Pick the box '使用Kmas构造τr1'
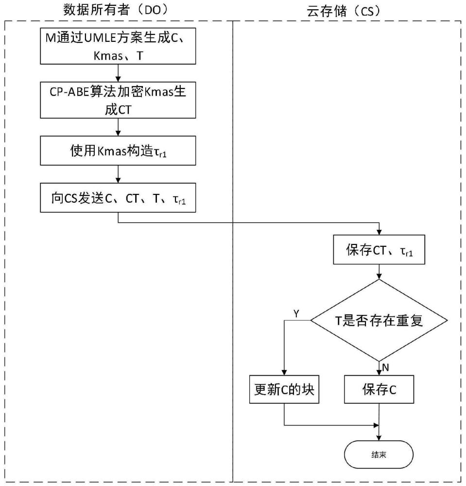(118, 153)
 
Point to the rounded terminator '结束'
(379, 455)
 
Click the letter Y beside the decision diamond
(297, 313)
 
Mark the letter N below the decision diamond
(386, 367)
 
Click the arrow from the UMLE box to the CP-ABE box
(118, 73)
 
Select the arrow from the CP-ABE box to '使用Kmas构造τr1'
(118, 127)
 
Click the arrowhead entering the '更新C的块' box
(284, 371)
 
